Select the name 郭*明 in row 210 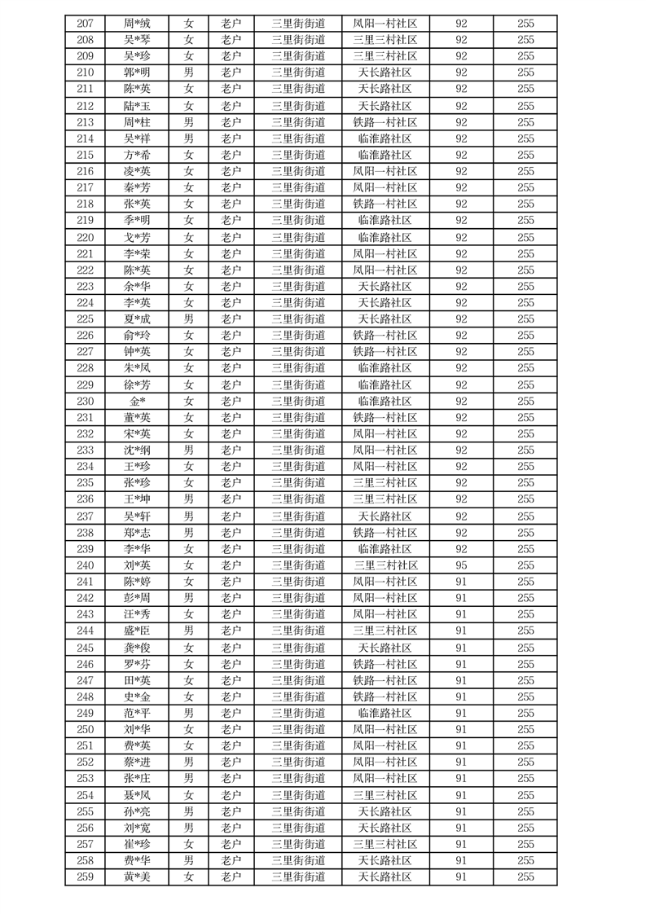coord(137,73)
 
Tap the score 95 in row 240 coord(461,565)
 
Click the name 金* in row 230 coord(137,402)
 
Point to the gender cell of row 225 coord(189,319)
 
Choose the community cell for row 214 coord(385,138)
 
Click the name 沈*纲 coord(137,450)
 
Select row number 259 coord(85,877)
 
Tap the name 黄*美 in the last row coord(137,877)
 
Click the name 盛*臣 coord(137,631)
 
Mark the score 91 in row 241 coord(461,582)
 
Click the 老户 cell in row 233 coord(231,450)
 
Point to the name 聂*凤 coord(137,795)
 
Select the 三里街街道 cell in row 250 coord(298,729)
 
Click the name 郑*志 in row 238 coord(137,533)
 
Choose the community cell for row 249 coord(385,713)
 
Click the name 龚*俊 coord(137,648)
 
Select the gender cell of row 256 coord(189,828)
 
